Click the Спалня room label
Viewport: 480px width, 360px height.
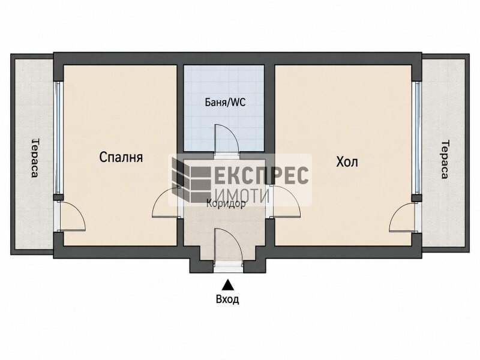tap(121, 157)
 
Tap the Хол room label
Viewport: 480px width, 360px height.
tap(347, 162)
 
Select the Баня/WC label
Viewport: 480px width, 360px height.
tap(225, 102)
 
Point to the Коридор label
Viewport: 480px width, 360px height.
tap(226, 203)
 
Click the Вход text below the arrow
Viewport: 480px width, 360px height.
tap(227, 299)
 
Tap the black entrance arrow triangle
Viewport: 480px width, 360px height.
tap(228, 284)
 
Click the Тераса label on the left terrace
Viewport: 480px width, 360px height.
tap(35, 158)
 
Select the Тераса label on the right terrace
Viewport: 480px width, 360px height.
tap(445, 159)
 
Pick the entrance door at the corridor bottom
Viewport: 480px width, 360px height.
tap(229, 245)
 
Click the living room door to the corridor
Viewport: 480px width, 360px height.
tap(287, 202)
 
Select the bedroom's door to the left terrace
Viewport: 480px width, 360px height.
tap(73, 216)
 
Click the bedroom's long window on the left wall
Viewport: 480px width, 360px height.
tap(58, 138)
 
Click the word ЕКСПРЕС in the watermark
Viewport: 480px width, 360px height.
tap(261, 175)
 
